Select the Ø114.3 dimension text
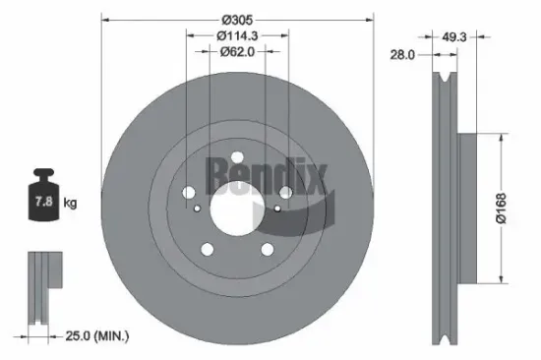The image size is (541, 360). coord(238,36)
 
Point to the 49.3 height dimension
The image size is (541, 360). coord(453,36)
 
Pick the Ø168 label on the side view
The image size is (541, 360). coord(503,209)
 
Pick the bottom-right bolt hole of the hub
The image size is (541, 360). coord(267,249)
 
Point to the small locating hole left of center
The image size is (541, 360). coord(198,209)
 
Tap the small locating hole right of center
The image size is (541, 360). coord(277,209)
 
